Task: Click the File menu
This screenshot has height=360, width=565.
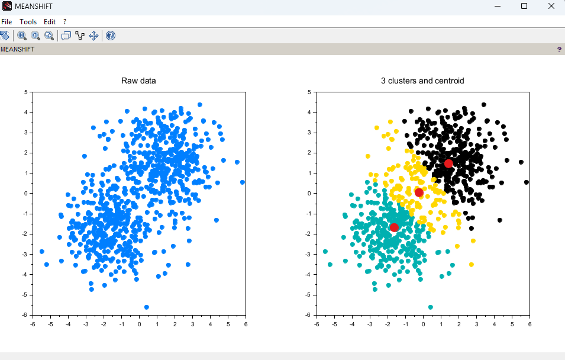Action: point(7,22)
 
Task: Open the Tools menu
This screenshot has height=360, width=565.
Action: point(28,22)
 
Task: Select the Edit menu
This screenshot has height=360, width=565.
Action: point(49,22)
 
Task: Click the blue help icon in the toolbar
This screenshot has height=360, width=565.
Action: point(111,36)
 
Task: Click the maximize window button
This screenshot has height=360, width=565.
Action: point(524,6)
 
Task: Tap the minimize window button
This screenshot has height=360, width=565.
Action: point(498,6)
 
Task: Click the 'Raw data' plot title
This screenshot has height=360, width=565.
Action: point(138,81)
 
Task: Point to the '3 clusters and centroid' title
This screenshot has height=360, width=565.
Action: point(422,81)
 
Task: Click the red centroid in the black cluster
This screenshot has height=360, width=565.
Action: point(448,163)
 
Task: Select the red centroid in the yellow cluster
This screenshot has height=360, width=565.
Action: point(419,192)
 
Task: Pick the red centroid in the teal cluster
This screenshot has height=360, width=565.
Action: point(394,227)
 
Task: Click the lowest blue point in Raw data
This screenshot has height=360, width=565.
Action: point(147,307)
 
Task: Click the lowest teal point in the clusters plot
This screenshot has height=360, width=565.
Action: point(431,307)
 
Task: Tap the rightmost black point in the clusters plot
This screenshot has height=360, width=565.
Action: point(527,182)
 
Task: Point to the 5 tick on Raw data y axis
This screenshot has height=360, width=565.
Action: point(26,92)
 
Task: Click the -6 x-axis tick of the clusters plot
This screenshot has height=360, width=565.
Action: point(317,324)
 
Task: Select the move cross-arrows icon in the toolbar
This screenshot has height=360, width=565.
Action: point(93,36)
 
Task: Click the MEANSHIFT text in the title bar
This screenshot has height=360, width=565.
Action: point(34,6)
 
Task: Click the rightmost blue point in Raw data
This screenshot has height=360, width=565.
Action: point(243,182)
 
